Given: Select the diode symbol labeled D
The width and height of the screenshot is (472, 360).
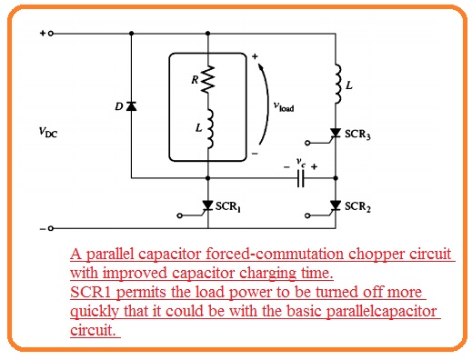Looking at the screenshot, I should (x=132, y=106).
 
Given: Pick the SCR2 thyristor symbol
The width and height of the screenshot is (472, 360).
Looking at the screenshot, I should (x=336, y=205).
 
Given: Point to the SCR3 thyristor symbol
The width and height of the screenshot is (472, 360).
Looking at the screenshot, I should (x=336, y=133).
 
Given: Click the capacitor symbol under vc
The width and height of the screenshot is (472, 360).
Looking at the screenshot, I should (x=299, y=179).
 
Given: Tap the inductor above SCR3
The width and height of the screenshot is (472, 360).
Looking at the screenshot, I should (x=336, y=84).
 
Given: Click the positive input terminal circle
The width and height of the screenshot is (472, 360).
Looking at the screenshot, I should (x=52, y=33).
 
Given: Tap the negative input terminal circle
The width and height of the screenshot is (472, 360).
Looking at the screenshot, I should (x=52, y=228).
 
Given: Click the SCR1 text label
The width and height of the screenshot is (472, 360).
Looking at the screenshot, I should (x=234, y=206).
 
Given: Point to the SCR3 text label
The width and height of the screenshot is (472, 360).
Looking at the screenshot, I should (x=360, y=134).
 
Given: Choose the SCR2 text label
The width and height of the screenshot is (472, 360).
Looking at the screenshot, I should (x=360, y=206).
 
